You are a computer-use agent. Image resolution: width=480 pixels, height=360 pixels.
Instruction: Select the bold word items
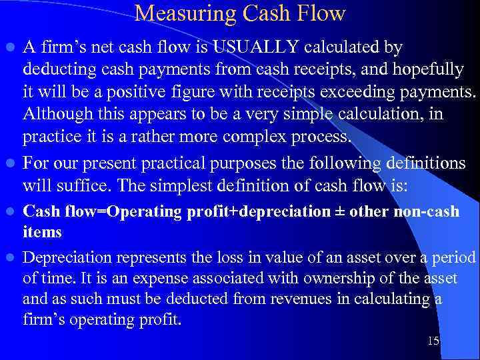click(42, 232)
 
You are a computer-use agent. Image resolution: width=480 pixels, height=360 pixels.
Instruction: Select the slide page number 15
click(433, 341)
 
